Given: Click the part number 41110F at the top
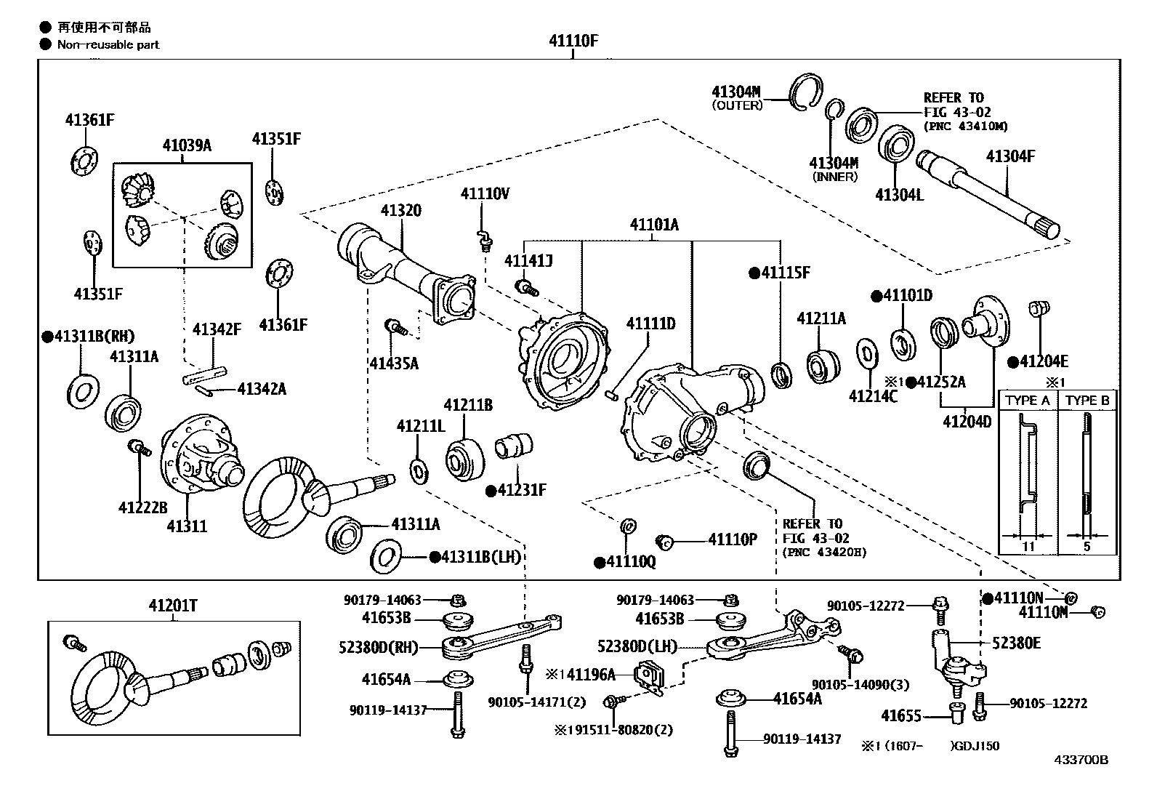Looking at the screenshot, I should tap(573, 41).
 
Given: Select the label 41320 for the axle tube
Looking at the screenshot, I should tap(401, 212).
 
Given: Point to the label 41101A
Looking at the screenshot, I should tap(653, 225).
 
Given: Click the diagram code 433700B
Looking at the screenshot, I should tap(1081, 760).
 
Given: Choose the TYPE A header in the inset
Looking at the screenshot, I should tap(1028, 401).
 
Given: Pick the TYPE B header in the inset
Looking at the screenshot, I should tap(1087, 401).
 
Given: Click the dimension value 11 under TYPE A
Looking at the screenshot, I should tap(1028, 546).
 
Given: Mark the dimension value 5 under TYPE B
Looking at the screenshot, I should tap(1087, 546).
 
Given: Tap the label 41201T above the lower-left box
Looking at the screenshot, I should tap(174, 605).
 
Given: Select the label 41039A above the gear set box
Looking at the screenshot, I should tap(187, 145).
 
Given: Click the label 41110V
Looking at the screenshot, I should tap(485, 193).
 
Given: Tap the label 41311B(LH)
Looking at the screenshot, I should tap(481, 557).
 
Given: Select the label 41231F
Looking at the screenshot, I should tap(520, 491).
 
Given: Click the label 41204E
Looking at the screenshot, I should tap(1043, 361).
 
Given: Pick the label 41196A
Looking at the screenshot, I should tap(590, 675).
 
